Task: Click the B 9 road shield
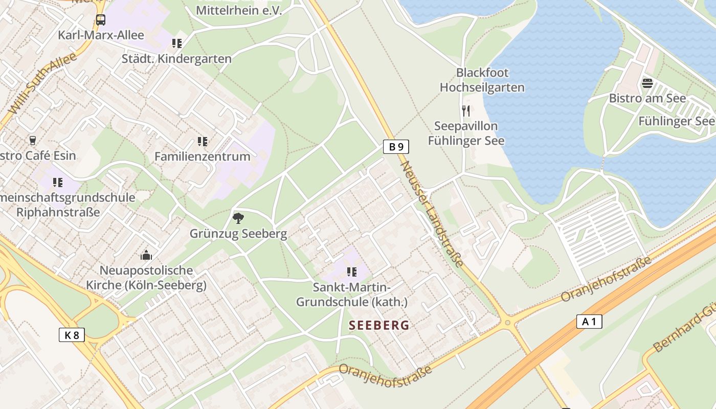[x=396, y=147]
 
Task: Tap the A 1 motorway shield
[x=589, y=322]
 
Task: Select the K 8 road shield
[x=72, y=335]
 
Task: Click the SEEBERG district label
[x=379, y=325]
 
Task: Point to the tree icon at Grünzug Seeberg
[x=238, y=218]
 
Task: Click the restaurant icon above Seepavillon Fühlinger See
[x=465, y=111]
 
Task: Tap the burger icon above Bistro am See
[x=647, y=83]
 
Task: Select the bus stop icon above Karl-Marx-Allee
[x=101, y=20]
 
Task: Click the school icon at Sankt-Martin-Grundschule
[x=351, y=271]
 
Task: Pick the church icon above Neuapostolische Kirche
[x=146, y=255]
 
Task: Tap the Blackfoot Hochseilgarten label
[x=482, y=80]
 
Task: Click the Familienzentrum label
[x=203, y=156]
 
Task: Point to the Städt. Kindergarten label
[x=176, y=59]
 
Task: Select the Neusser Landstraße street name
[x=432, y=214]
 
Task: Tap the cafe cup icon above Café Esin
[x=33, y=140]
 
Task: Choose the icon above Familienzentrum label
[x=203, y=141]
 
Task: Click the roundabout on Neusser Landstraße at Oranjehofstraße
[x=507, y=323]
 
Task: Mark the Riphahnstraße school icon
[x=58, y=182]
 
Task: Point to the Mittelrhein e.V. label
[x=239, y=10]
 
